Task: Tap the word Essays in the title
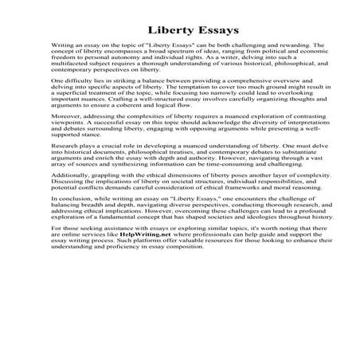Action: (205, 32)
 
